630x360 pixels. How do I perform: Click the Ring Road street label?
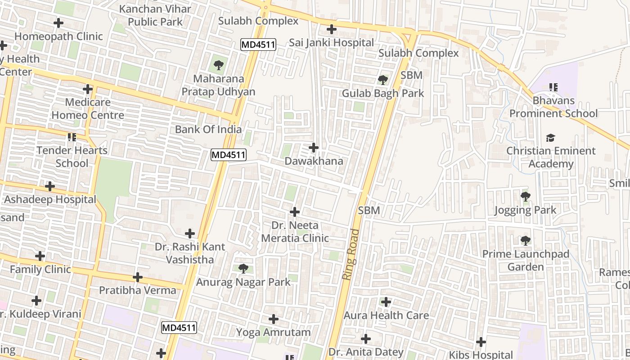(x=352, y=255)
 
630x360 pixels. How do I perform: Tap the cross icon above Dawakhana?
(x=314, y=147)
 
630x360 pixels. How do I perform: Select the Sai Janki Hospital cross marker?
(x=332, y=29)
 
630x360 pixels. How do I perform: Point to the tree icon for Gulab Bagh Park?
(x=383, y=80)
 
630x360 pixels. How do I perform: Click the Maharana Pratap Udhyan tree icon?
(x=219, y=65)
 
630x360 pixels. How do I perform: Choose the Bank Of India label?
(x=208, y=130)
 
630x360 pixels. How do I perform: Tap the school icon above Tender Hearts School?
(x=72, y=137)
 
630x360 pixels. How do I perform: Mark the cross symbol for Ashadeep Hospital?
(x=50, y=186)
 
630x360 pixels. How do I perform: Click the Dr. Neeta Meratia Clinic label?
(x=295, y=232)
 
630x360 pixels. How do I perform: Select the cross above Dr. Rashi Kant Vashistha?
(x=190, y=234)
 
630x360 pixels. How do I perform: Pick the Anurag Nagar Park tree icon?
(x=243, y=269)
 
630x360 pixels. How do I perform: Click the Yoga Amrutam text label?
(x=274, y=333)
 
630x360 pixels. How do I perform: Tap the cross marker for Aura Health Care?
(x=386, y=302)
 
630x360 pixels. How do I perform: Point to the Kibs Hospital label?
(x=481, y=355)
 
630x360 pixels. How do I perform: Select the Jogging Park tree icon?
(x=525, y=197)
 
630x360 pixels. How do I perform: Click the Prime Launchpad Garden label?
(x=526, y=261)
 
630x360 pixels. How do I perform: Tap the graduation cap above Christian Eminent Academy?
(x=550, y=138)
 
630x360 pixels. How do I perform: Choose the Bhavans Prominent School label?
(x=553, y=107)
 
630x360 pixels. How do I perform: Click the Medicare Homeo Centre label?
(x=88, y=109)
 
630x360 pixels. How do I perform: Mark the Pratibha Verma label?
(x=138, y=290)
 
